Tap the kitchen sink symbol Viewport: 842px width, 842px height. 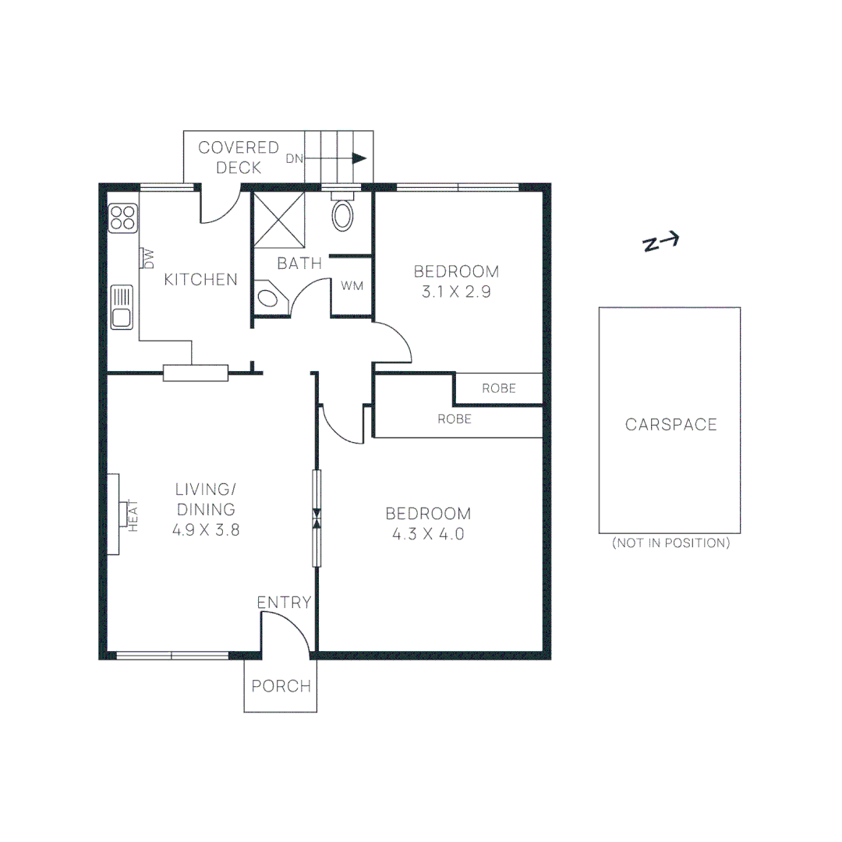click(x=122, y=307)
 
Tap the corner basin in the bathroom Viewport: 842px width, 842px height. click(x=270, y=297)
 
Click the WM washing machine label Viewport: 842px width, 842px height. click(x=352, y=286)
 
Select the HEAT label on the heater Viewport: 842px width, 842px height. click(x=133, y=515)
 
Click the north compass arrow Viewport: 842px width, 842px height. click(x=661, y=242)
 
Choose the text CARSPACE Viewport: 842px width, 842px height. click(x=670, y=425)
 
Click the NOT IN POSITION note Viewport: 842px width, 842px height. click(x=670, y=543)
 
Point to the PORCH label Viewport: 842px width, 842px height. click(x=281, y=687)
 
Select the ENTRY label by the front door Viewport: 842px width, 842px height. click(x=284, y=603)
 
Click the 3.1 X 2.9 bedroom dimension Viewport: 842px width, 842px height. click(x=456, y=292)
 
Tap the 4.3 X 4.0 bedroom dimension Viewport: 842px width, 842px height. click(x=428, y=534)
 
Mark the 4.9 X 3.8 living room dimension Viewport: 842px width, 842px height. click(x=204, y=529)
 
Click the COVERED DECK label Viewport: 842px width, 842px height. click(x=239, y=157)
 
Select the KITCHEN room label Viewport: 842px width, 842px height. click(x=200, y=279)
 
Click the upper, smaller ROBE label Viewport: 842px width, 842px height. click(x=498, y=387)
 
